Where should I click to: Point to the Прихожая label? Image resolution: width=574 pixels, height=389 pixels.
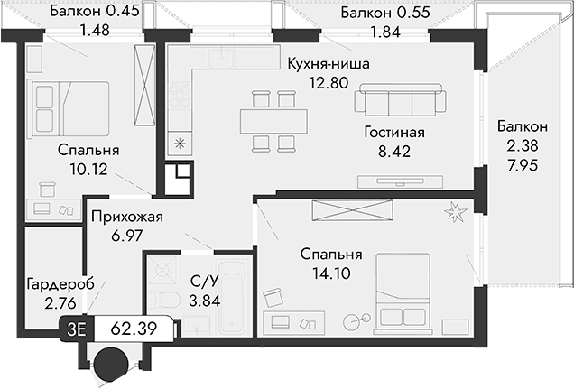pyautogui.click(x=126, y=217)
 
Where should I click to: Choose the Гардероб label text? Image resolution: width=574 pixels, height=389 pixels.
pyautogui.click(x=60, y=283)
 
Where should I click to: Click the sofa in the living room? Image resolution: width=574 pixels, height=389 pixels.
pyautogui.click(x=398, y=98)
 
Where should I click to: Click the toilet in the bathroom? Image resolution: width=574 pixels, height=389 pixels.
pyautogui.click(x=165, y=301)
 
